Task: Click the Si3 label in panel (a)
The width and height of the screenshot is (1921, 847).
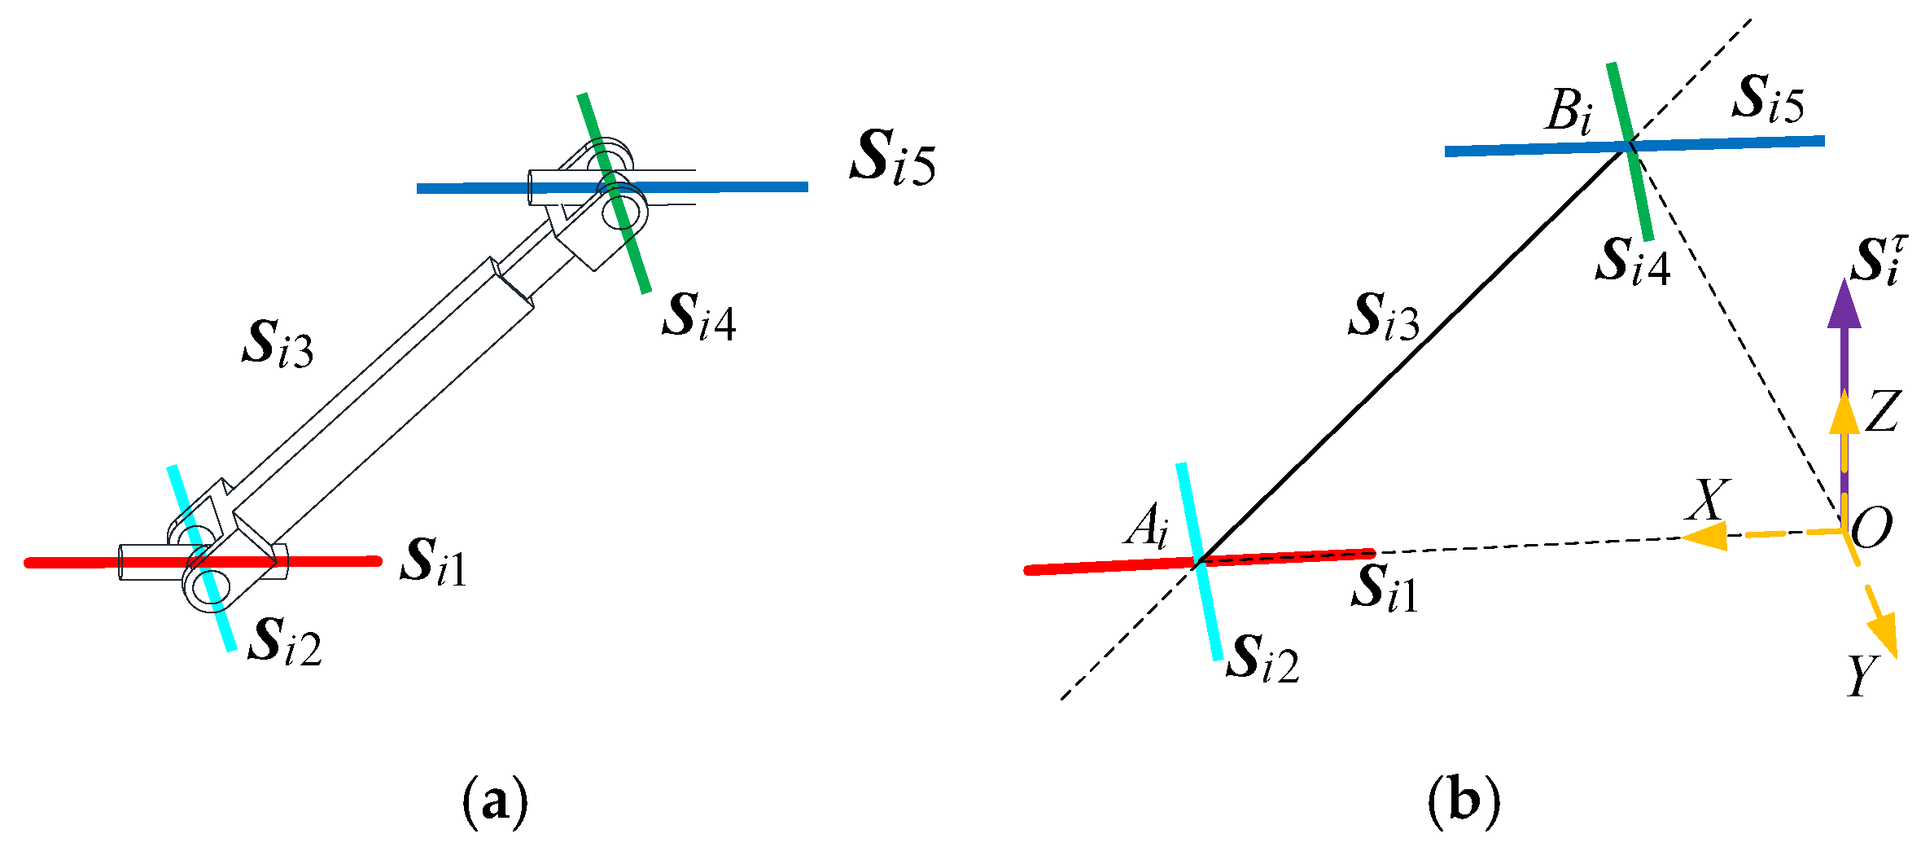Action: click(278, 345)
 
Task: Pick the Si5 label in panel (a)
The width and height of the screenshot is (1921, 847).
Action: click(893, 159)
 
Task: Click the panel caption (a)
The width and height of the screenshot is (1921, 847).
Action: click(494, 802)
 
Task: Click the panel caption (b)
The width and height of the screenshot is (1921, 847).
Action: click(1463, 802)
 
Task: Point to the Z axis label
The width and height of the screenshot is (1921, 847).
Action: click(1883, 411)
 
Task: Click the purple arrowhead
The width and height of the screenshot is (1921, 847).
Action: click(1844, 305)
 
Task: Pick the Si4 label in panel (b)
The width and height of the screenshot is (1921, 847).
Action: click(1633, 262)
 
